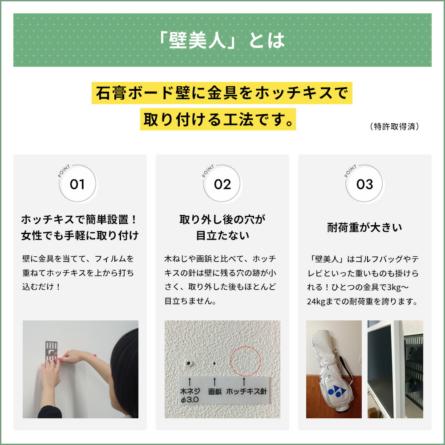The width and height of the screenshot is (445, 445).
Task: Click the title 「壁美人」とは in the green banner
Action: click(x=222, y=40)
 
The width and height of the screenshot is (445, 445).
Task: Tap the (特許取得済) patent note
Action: click(x=394, y=126)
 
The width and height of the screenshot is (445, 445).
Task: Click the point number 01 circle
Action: click(x=77, y=184)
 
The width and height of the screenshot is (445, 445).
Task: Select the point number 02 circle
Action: click(x=222, y=184)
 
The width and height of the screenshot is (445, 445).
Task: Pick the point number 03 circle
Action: click(x=364, y=184)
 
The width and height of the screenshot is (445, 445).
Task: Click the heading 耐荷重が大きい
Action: click(x=364, y=228)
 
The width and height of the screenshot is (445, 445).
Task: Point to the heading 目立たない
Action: click(x=222, y=235)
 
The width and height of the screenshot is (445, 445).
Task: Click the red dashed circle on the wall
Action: click(x=245, y=360)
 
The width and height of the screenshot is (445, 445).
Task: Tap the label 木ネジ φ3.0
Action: click(x=190, y=396)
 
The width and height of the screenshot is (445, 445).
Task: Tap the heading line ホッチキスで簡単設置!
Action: click(x=80, y=220)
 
